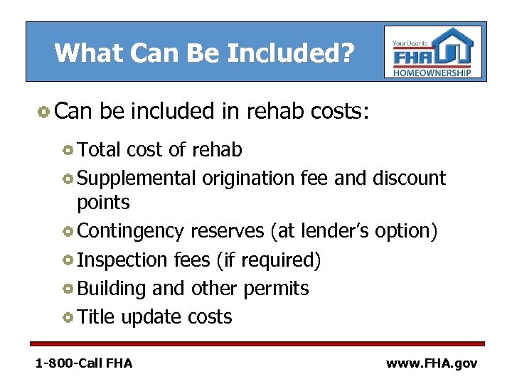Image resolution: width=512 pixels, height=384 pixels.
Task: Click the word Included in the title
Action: [x=284, y=52]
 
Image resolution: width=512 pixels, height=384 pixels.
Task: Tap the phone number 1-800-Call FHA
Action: [x=84, y=363]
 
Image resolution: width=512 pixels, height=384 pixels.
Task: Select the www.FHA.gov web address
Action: [x=432, y=363]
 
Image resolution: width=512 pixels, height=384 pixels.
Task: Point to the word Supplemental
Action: [x=137, y=178]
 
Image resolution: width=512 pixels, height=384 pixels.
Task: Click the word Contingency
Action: [x=130, y=231]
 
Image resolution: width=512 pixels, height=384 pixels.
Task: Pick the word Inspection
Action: [x=123, y=260]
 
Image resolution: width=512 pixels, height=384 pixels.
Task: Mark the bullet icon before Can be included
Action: [x=43, y=112]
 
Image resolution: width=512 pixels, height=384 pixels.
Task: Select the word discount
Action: [x=409, y=178]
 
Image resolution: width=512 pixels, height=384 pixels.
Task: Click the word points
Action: [x=103, y=203]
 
